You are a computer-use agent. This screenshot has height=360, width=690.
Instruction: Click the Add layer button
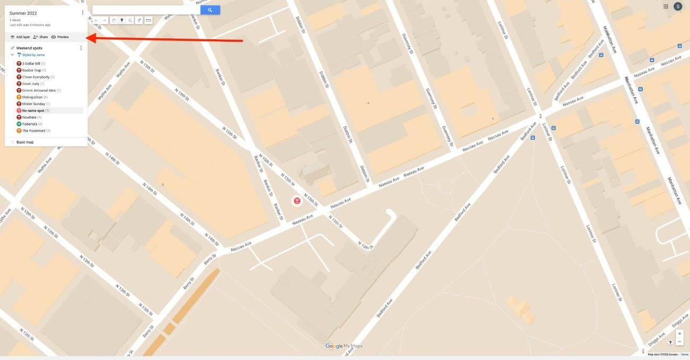(20, 37)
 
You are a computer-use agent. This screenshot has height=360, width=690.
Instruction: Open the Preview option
(60, 37)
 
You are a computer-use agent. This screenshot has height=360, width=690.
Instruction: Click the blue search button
(210, 10)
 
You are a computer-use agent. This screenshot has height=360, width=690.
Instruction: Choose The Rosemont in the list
(33, 130)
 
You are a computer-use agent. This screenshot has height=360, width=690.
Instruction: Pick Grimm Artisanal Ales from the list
(39, 91)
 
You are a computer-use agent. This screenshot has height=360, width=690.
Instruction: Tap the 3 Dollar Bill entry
(31, 64)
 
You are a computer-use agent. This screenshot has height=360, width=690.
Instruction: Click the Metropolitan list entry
(32, 97)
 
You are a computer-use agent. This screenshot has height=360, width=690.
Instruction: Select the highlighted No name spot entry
(33, 111)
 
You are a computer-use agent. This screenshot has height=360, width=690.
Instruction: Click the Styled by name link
(33, 55)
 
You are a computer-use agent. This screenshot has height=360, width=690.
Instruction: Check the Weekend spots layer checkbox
(13, 48)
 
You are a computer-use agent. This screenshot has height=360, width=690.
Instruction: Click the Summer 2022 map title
(23, 13)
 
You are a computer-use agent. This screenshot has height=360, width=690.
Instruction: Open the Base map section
(24, 142)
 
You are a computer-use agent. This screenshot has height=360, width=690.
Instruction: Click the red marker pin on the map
(297, 200)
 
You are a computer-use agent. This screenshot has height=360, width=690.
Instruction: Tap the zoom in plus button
(680, 334)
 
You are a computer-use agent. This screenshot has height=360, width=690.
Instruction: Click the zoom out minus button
(680, 341)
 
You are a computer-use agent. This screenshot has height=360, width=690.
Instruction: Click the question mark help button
(670, 343)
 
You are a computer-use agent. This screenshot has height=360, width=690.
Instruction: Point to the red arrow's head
(88, 38)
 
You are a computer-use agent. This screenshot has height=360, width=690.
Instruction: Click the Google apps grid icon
(666, 6)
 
